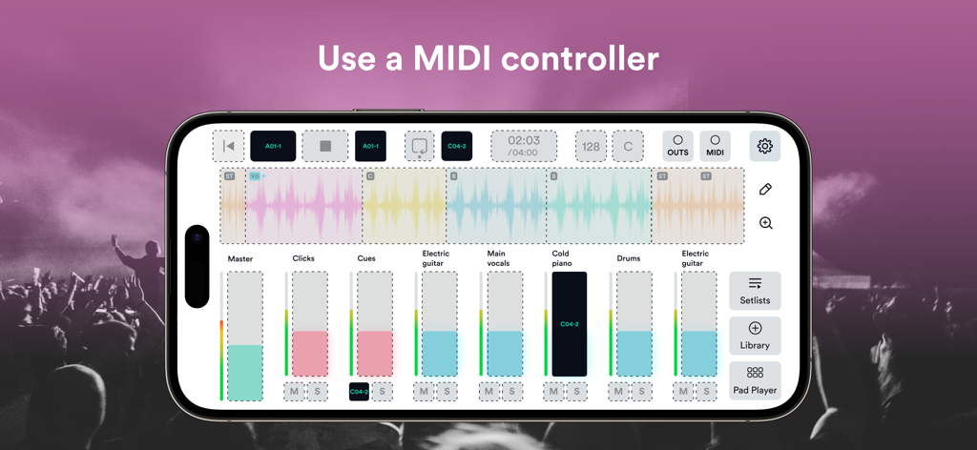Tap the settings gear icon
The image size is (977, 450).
point(764,146)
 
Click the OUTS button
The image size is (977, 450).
point(678,146)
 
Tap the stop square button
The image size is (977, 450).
point(325,146)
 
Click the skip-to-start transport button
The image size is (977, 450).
point(228,146)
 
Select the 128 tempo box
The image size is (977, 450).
point(591,146)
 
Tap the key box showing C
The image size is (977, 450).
point(628,146)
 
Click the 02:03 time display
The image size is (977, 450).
point(524,146)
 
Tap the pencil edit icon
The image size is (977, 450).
point(765,190)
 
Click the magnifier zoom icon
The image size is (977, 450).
point(765,223)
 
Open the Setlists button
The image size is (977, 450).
point(755,291)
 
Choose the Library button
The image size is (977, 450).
point(755,336)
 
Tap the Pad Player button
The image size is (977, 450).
point(755,380)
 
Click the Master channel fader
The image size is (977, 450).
point(245,336)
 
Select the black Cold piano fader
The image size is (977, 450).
point(570,324)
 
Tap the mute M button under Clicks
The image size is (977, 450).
point(294,391)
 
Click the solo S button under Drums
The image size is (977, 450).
point(641,391)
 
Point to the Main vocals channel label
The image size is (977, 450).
point(497,258)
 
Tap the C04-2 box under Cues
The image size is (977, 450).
point(359,391)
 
